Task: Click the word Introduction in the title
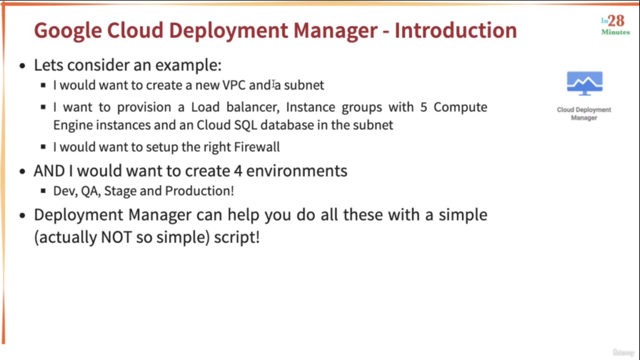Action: pyautogui.click(x=456, y=30)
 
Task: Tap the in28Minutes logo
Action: pyautogui.click(x=616, y=25)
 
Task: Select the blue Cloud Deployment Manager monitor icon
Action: pyautogui.click(x=585, y=83)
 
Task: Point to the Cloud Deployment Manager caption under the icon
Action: pyautogui.click(x=584, y=113)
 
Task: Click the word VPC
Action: pyautogui.click(x=234, y=85)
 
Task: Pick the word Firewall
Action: pyautogui.click(x=256, y=147)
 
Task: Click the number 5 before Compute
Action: pyautogui.click(x=423, y=107)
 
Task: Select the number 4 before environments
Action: pyautogui.click(x=238, y=171)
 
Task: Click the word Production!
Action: pyautogui.click(x=199, y=191)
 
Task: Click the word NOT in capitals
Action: pyautogui.click(x=116, y=237)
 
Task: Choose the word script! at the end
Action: pyautogui.click(x=237, y=237)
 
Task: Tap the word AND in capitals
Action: pyautogui.click(x=49, y=171)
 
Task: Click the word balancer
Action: pyautogui.click(x=253, y=107)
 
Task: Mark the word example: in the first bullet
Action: pyautogui.click(x=188, y=65)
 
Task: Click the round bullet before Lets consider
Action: pyautogui.click(x=23, y=66)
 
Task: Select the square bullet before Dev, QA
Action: pyautogui.click(x=43, y=191)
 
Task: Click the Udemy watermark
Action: pyautogui.click(x=623, y=352)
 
